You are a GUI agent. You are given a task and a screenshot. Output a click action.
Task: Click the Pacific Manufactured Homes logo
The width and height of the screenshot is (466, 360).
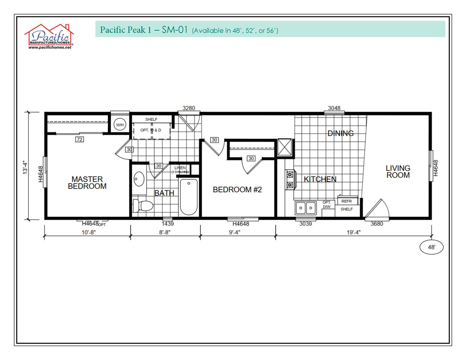pos(49,37)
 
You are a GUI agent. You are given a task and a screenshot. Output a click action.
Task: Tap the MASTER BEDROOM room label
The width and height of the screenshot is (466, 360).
pos(87,183)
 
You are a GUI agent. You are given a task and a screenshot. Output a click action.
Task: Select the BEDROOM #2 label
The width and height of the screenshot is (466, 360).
pos(237,190)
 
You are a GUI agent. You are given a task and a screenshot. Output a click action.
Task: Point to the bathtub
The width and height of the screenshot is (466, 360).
pos(188,197)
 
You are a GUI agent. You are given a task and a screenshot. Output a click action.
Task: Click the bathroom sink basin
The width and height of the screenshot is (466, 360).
pos(139,179)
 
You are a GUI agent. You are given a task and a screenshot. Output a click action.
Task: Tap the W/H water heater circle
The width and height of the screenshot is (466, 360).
pos(120,125)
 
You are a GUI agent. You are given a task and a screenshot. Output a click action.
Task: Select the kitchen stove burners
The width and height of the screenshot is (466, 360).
pos(290,180)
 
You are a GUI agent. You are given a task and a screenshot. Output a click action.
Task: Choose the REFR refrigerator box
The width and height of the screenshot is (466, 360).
pos(347,201)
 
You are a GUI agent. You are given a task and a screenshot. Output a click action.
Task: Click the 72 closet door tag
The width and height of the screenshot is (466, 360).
pos(79,139)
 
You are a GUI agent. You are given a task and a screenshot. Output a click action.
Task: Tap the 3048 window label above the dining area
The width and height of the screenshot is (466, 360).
pos(334,108)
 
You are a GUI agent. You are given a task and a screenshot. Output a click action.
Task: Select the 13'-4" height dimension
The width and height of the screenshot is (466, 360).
pos(26,167)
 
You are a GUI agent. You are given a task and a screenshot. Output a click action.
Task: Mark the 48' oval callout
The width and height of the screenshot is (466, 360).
pos(431,248)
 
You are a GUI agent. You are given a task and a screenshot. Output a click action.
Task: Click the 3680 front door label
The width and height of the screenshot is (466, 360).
pos(377,224)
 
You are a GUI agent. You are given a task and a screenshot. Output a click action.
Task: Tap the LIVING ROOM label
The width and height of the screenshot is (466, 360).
pos(398,172)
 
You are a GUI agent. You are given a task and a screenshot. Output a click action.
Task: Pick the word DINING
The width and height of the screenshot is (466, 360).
pos(340,134)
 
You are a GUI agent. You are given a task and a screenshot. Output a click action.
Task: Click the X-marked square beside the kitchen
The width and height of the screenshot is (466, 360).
pos(285,148)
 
